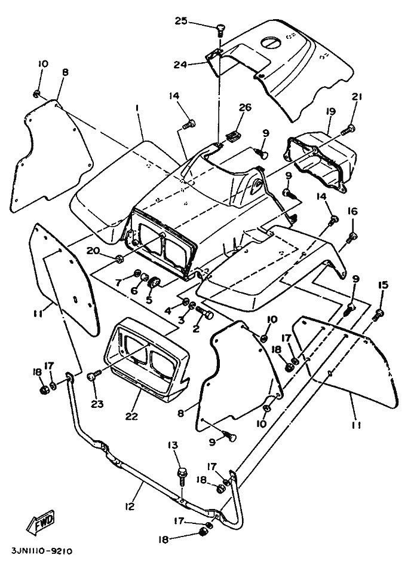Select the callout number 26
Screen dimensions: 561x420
[246, 108]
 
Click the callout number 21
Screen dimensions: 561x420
[357, 97]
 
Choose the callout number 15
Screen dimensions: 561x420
[383, 285]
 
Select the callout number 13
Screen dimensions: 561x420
[173, 445]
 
